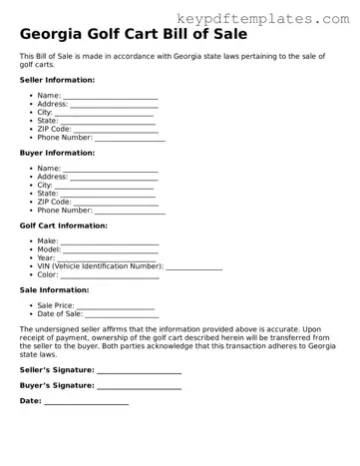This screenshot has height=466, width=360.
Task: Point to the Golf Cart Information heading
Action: [x=63, y=226]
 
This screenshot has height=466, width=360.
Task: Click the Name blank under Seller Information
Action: [x=110, y=97]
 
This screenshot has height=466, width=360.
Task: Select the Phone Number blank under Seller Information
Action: [x=130, y=139]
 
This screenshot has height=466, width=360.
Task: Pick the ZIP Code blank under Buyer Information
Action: [x=116, y=203]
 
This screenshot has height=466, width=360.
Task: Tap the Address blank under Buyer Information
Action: [x=114, y=178]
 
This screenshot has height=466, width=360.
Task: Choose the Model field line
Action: [x=112, y=250]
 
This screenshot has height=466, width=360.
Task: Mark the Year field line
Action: [x=108, y=259]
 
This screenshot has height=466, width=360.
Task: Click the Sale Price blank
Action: [x=116, y=306]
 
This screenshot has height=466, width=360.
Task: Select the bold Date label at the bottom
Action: [x=31, y=400]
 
